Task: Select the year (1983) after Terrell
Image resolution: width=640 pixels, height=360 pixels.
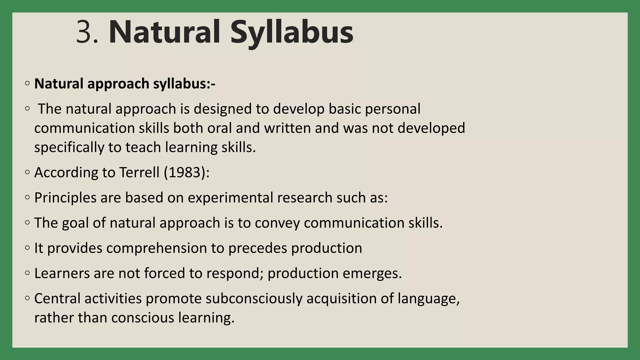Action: pos(187,172)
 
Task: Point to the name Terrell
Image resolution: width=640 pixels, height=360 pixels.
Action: pos(140,172)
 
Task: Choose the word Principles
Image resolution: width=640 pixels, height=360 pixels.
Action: pos(65,198)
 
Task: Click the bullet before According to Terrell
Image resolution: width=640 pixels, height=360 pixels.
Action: pos(27,172)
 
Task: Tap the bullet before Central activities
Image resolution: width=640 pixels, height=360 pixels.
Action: pos(27,298)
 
